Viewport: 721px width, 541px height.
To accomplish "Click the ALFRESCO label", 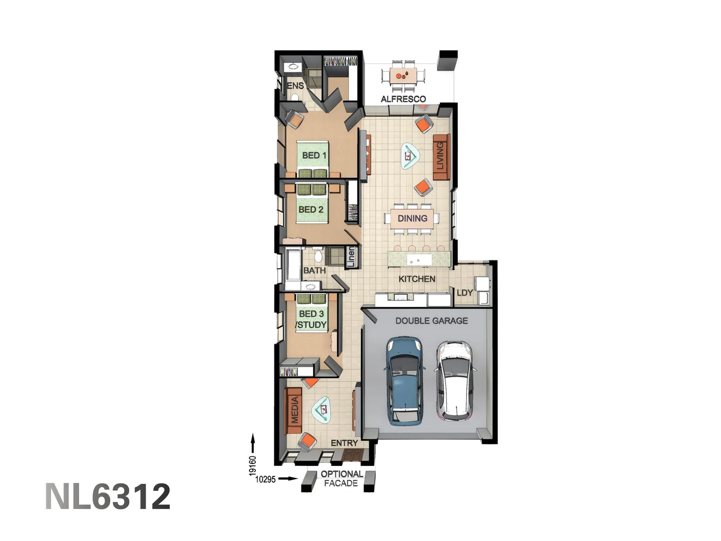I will [403, 99].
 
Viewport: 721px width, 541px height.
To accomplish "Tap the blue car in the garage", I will [405, 381].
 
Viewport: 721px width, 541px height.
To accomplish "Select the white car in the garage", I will [454, 381].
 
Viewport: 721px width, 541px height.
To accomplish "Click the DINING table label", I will [412, 218].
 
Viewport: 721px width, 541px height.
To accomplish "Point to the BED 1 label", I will [314, 155].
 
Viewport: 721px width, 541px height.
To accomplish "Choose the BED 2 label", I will [310, 209].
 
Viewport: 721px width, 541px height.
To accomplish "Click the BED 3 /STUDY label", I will [311, 319].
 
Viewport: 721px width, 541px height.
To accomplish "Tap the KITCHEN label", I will [417, 279].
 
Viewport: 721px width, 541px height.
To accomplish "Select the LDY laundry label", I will [465, 293].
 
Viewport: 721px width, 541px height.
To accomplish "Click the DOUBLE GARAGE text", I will [432, 321].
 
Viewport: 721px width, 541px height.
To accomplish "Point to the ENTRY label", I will [344, 443].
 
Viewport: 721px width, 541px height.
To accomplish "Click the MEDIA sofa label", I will [294, 410].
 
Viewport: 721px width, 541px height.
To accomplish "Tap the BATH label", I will [314, 270].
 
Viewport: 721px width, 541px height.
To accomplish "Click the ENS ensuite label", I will [295, 86].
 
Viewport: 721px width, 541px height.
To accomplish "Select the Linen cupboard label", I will [351, 256].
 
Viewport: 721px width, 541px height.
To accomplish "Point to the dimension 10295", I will [265, 479].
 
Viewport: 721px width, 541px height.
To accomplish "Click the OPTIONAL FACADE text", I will [341, 478].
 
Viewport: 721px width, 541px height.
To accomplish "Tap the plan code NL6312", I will [108, 497].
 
